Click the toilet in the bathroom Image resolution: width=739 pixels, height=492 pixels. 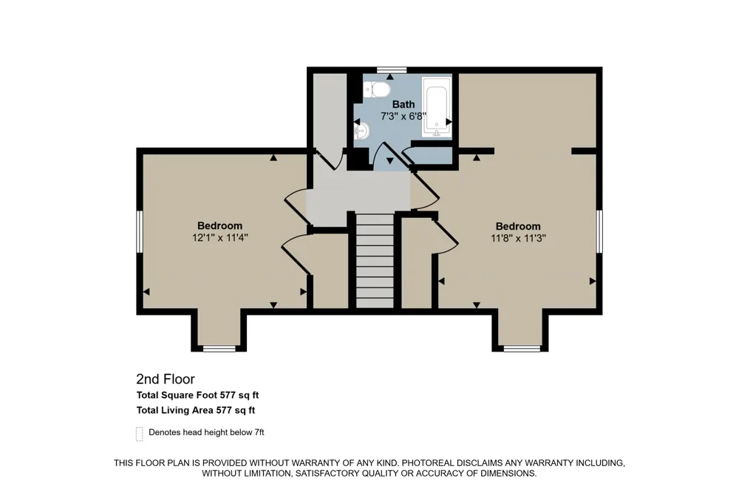377,89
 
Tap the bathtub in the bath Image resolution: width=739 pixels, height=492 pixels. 437,107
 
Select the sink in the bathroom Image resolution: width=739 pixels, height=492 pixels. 362,129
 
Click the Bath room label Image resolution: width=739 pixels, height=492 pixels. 403,104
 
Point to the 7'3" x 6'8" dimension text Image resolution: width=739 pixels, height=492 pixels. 403,116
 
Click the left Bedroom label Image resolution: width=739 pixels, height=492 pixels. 219,226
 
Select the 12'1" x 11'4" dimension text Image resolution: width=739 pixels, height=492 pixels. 219,238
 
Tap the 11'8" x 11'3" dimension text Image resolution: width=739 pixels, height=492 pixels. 518,238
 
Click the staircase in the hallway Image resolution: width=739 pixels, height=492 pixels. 374,261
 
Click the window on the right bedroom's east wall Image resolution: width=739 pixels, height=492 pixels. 599,231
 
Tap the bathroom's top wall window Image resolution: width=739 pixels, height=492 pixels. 391,70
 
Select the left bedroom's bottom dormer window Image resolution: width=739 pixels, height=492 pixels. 219,349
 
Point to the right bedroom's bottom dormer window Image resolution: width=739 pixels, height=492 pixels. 522,349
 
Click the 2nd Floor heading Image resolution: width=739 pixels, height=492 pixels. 166,379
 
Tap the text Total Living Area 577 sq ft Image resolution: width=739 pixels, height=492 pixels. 196,410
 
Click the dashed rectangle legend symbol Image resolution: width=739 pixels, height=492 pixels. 140,434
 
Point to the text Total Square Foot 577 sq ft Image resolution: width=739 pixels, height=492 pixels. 197,395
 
